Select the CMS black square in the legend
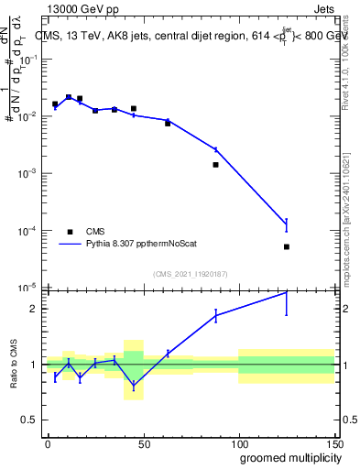71,232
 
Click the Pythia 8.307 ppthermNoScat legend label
143,245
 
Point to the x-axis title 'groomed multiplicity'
287,457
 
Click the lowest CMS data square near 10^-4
287,246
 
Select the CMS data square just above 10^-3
215,165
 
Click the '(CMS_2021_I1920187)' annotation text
190,275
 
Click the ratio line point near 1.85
215,315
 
